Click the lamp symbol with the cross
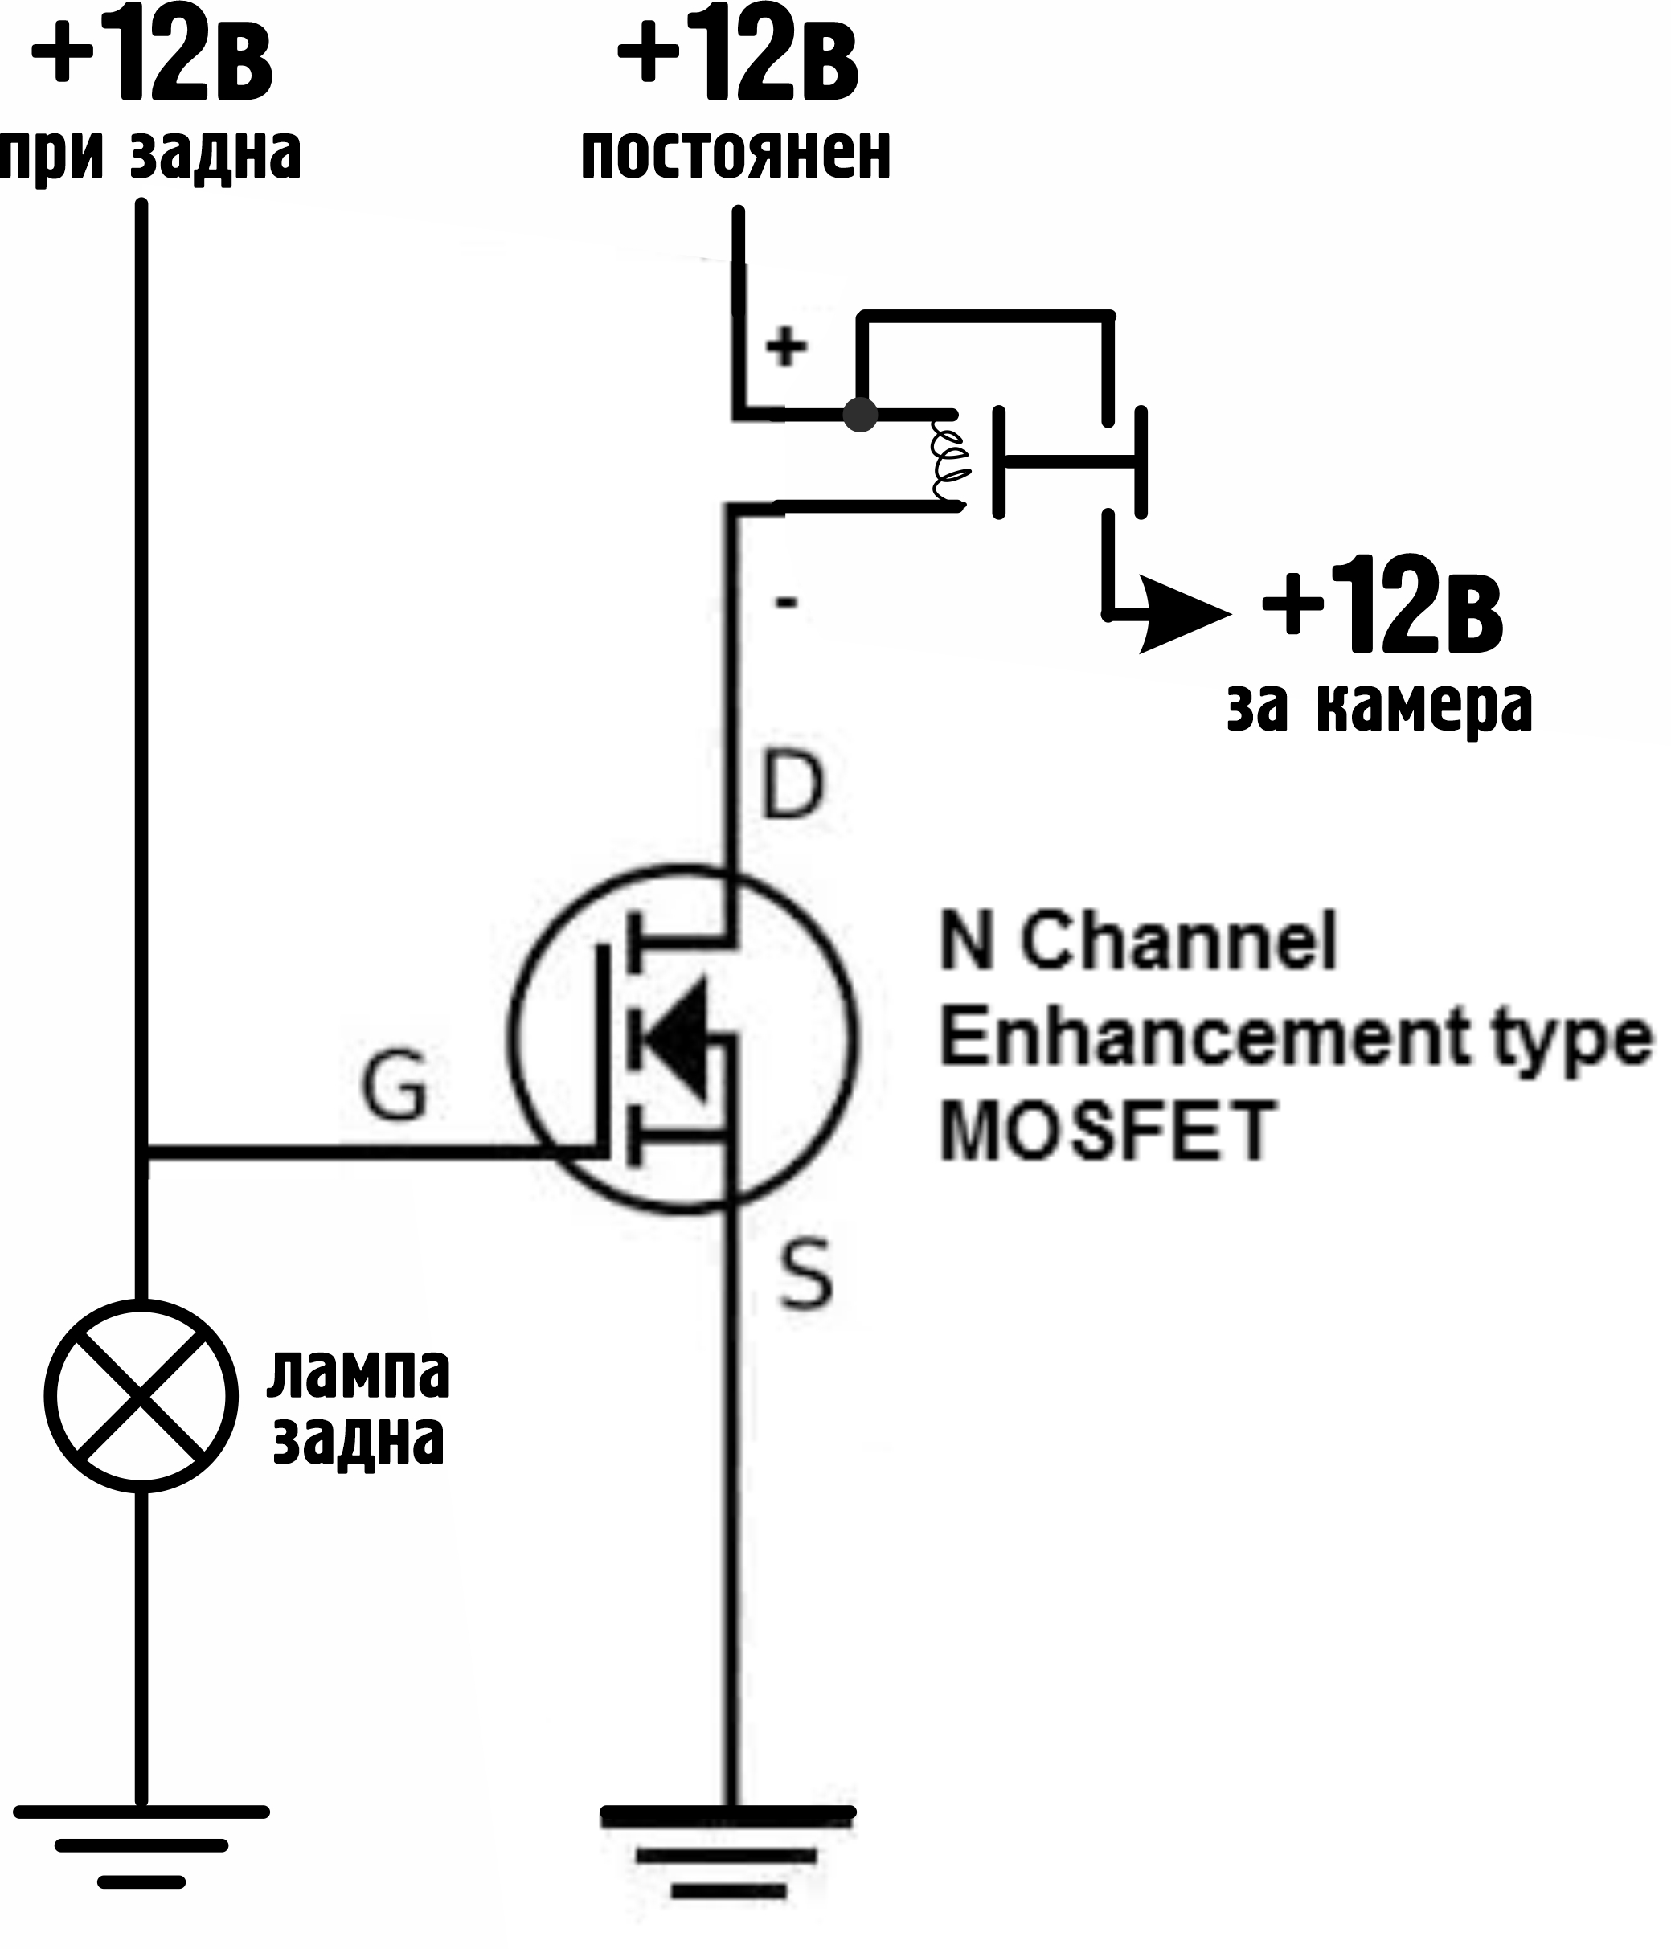(141, 1396)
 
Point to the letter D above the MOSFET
(792, 784)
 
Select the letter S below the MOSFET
(806, 1275)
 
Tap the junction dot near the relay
(860, 414)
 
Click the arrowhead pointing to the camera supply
(1184, 615)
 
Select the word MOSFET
(1108, 1132)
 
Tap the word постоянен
(735, 154)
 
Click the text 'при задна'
(150, 154)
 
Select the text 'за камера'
(1379, 707)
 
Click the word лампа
(358, 1374)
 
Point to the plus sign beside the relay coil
(785, 347)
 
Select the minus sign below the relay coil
(785, 602)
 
